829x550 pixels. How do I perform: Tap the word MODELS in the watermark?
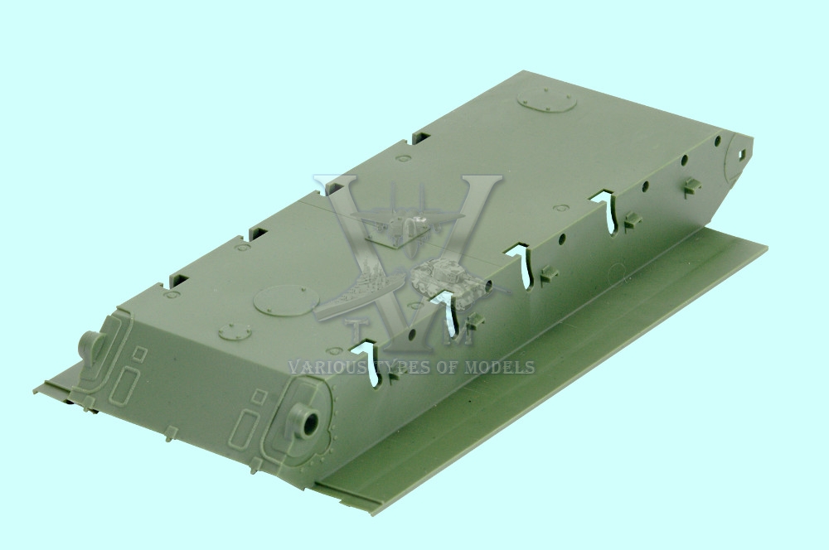click(x=499, y=367)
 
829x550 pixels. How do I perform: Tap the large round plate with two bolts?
click(x=286, y=301)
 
